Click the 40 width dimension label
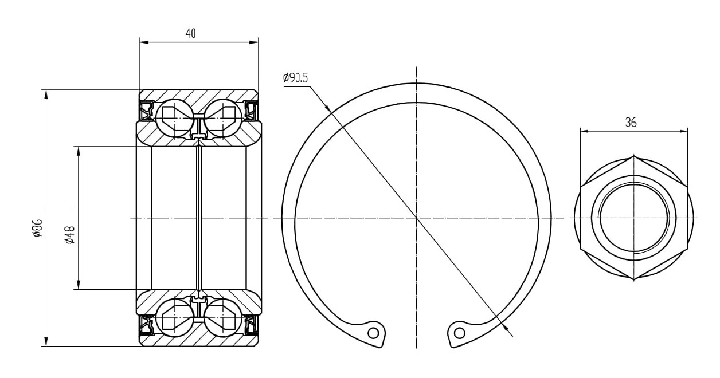click(x=191, y=33)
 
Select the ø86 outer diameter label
click(x=38, y=228)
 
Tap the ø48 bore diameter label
click(x=70, y=235)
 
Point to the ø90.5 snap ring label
click(x=295, y=78)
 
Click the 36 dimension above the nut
click(x=631, y=123)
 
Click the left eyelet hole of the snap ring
click(x=373, y=333)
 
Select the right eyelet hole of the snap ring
click(x=460, y=333)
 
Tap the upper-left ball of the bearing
click(x=174, y=118)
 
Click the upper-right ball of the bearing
click(x=223, y=118)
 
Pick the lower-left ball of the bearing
click(x=174, y=318)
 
